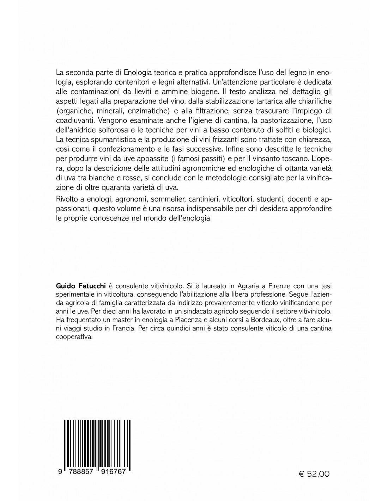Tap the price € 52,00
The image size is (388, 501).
click(314, 474)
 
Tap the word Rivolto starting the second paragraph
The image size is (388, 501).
click(68, 200)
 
